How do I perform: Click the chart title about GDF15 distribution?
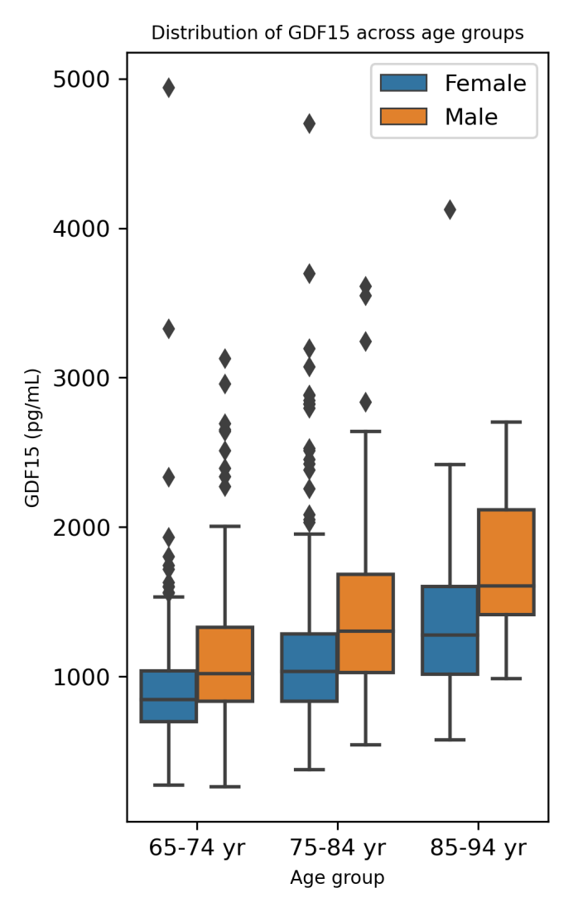(337, 33)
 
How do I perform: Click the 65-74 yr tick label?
(196, 848)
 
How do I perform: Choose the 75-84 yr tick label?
(337, 848)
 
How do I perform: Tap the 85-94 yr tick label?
(478, 848)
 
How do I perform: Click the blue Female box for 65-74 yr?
(168, 696)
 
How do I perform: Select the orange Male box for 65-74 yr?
(224, 664)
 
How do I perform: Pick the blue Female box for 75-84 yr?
(309, 668)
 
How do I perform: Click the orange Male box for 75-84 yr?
(365, 623)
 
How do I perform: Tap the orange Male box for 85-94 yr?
(506, 562)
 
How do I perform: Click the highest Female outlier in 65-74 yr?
(168, 88)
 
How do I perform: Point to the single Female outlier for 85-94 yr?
(450, 210)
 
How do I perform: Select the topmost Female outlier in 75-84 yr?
(309, 124)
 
